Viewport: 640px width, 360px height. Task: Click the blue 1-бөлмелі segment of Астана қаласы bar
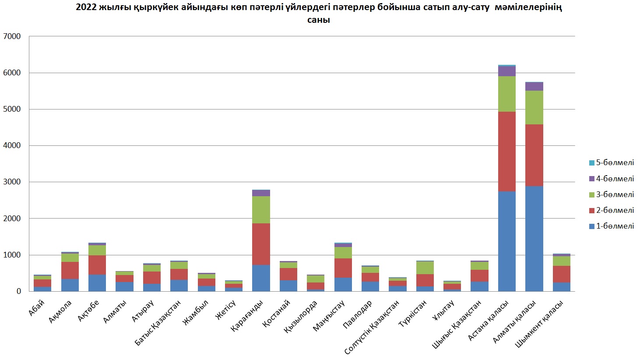(507, 241)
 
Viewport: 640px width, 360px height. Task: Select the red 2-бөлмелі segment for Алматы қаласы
(534, 155)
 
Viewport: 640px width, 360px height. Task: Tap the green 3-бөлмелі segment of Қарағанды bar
(261, 209)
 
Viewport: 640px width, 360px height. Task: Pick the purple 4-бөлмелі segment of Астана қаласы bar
(507, 71)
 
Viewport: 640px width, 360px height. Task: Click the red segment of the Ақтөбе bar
(97, 265)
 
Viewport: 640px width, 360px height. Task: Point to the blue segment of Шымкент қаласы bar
(561, 286)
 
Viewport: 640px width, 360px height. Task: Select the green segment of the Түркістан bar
(425, 268)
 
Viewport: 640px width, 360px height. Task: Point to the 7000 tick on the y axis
(12, 36)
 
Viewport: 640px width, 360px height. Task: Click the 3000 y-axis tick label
(12, 182)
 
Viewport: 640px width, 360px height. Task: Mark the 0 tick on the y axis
(18, 291)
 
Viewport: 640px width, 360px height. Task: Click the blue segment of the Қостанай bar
(288, 286)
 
